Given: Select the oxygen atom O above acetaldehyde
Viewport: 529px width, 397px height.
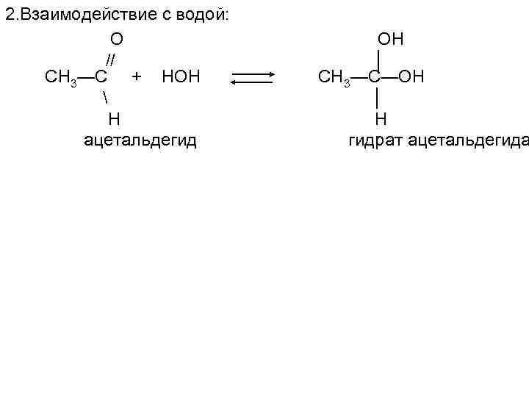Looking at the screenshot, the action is click(x=116, y=39).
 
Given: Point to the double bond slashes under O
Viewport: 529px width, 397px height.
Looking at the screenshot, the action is click(x=110, y=59).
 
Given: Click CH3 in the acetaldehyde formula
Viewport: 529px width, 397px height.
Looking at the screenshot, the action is click(x=61, y=76).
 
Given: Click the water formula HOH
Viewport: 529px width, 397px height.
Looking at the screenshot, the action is click(x=180, y=76).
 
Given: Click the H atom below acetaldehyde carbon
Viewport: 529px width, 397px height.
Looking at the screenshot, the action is click(x=114, y=118).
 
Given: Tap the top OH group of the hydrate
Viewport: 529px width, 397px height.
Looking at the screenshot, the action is click(x=390, y=39).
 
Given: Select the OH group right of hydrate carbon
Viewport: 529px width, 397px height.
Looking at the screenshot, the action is click(x=411, y=76).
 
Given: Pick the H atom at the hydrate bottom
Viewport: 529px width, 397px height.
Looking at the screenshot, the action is click(x=380, y=118).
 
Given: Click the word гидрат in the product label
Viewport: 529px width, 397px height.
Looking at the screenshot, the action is click(x=374, y=139).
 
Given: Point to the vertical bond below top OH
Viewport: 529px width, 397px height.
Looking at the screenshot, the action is click(x=376, y=57).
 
